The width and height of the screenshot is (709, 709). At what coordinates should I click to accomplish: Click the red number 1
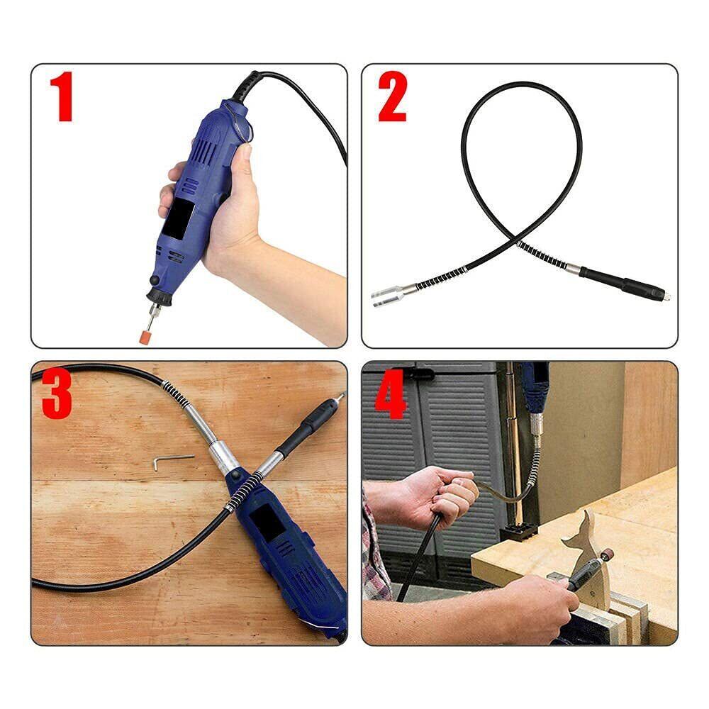pos(62,96)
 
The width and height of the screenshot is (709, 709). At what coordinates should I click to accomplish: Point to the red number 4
pos(391,393)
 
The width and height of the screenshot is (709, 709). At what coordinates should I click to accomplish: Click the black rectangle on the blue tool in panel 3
pos(267,523)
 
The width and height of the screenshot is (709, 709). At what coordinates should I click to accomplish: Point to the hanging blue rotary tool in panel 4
pos(537,389)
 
